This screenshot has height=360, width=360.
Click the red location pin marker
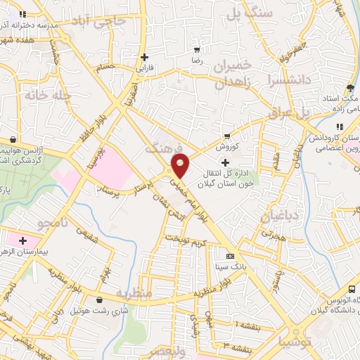180,166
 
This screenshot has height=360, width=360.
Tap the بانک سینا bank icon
230,256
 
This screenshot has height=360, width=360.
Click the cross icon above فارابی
144,58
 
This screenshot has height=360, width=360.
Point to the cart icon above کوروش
226,136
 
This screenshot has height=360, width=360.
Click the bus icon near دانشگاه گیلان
352,290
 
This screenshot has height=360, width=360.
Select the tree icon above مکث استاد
350,89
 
